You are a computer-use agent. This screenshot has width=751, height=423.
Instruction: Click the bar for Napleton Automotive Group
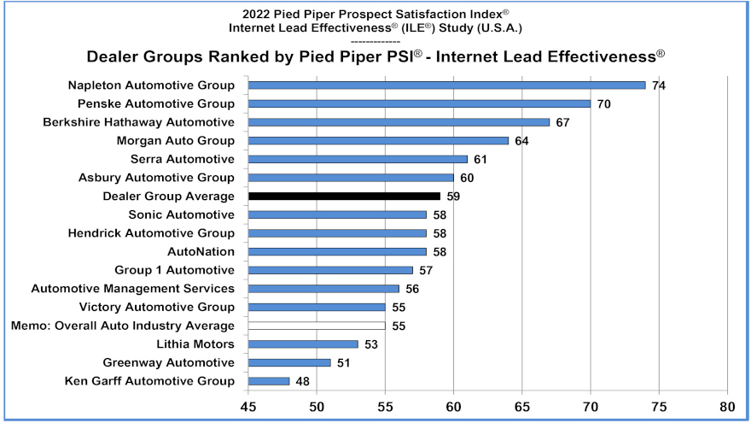coord(446,85)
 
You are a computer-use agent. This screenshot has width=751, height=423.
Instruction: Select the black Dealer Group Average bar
coord(344,196)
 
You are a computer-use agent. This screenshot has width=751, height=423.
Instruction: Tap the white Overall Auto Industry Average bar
coord(317,326)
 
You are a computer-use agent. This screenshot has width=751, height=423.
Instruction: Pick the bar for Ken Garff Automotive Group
coord(269,381)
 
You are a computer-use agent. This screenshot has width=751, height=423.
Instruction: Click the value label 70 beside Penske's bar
coord(604,103)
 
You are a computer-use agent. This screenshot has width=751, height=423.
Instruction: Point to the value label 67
coord(562,122)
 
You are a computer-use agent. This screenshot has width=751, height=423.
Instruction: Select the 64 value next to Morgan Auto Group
coord(521,141)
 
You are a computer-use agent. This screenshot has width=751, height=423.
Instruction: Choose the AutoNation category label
coord(201,251)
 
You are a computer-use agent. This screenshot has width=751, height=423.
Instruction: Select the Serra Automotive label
coord(182,159)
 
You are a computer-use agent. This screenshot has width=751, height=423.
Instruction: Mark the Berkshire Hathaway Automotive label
coord(138,122)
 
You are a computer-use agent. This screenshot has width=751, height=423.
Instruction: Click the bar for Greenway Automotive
coord(289,362)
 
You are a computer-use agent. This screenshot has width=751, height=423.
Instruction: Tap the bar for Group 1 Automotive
coord(330,270)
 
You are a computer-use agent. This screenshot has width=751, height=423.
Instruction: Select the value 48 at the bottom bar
coord(303,381)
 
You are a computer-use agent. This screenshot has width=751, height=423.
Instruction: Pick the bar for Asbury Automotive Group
coord(351,178)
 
